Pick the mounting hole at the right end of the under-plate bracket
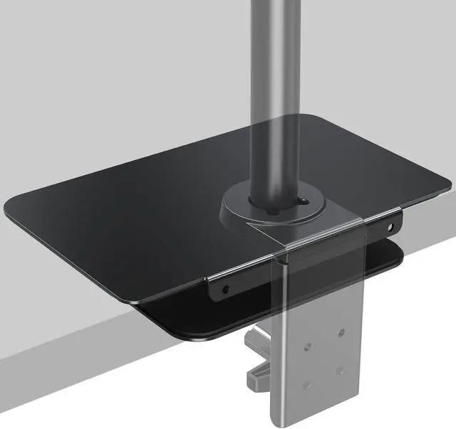click(390, 228)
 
